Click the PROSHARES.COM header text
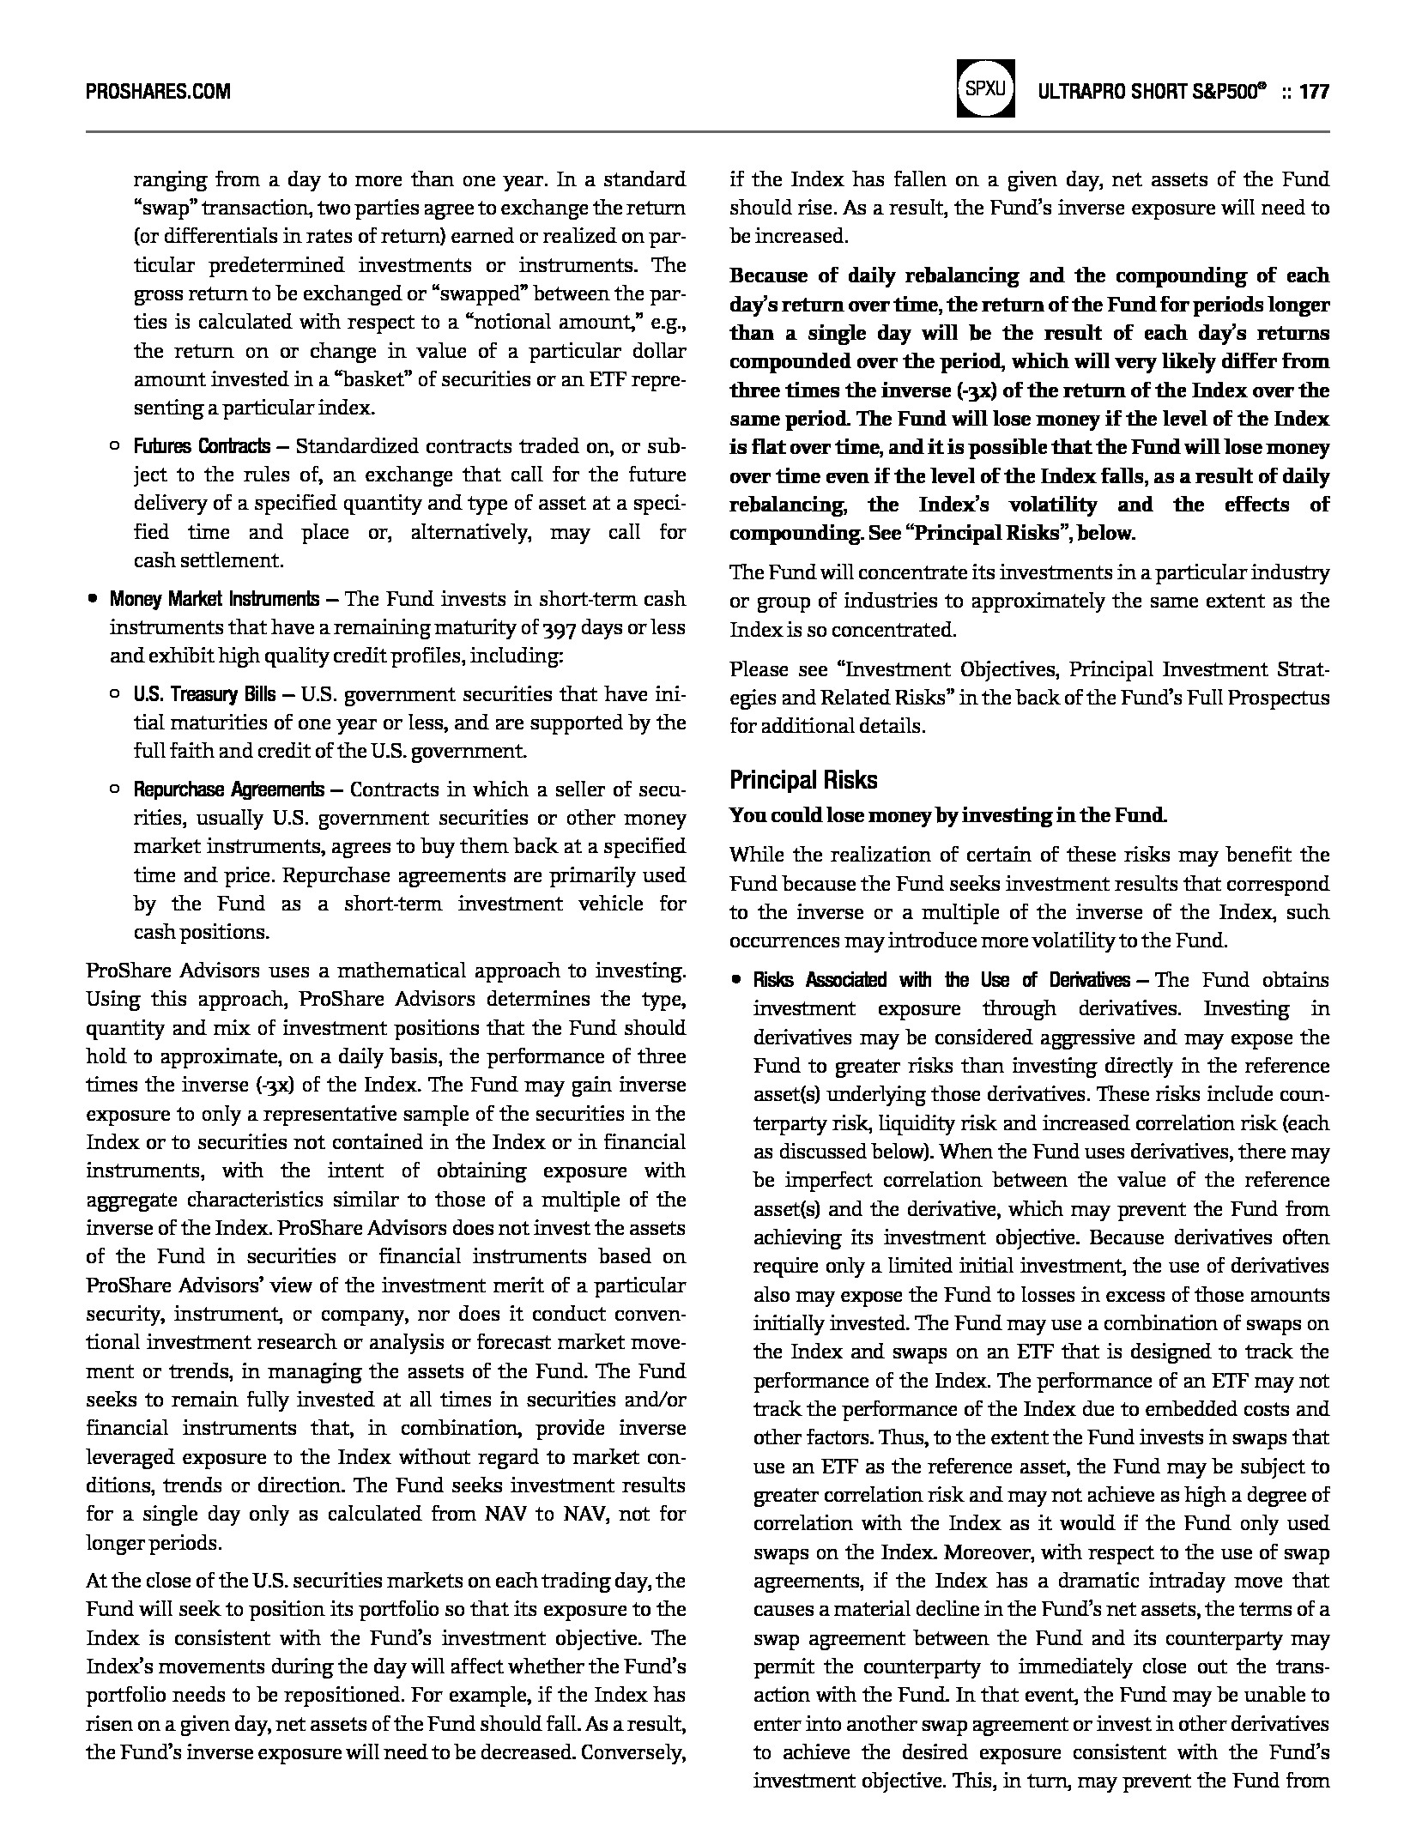[158, 91]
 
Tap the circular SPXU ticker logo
[985, 88]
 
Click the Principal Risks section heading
[803, 780]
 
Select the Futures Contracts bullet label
[202, 446]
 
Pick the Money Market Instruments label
[214, 598]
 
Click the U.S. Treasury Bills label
[204, 694]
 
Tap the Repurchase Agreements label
[228, 789]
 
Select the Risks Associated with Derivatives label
[941, 980]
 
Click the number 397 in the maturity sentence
[559, 628]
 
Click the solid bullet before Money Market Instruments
[92, 599]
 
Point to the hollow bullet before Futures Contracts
[115, 446]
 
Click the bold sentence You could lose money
[947, 815]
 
